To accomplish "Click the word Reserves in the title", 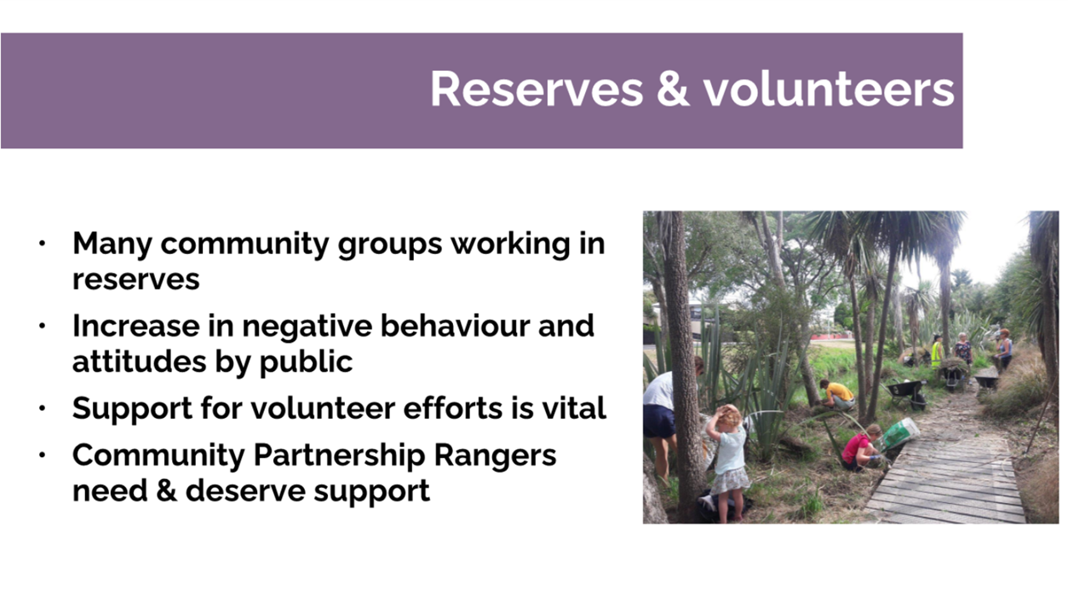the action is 537,90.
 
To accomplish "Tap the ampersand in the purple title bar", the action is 673,89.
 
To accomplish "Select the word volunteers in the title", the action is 829,89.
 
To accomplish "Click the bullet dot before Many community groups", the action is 42,244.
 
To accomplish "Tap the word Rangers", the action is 495,456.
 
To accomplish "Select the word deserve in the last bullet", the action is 244,491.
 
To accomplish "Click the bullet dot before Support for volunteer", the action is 42,408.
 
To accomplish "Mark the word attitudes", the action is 139,362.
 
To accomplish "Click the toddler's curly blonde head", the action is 727,415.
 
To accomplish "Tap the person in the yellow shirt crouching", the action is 839,395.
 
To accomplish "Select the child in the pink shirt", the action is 860,448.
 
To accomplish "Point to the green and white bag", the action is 899,433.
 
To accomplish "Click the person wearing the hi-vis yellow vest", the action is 938,352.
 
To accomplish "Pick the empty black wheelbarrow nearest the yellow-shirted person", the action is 906,392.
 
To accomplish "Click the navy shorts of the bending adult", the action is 659,420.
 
